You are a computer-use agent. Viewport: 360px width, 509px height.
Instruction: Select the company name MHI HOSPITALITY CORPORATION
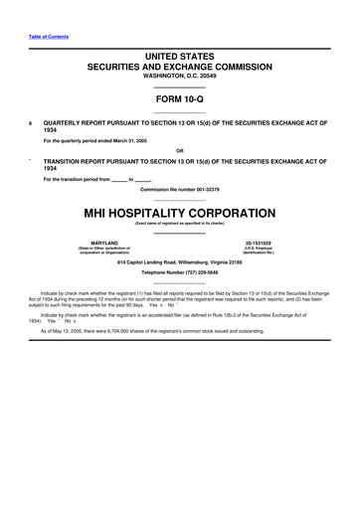coord(179,213)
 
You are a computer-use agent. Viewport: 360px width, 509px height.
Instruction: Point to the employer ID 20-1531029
coord(257,242)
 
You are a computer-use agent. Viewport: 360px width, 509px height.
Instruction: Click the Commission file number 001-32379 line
coord(179,189)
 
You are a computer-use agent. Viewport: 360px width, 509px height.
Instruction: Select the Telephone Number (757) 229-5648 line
coord(179,271)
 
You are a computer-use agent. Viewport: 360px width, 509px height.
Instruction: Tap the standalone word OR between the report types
coord(179,151)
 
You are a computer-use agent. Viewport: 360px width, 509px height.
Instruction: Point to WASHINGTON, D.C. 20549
coord(179,76)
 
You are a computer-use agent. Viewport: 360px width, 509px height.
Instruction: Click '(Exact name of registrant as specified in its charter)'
coord(179,223)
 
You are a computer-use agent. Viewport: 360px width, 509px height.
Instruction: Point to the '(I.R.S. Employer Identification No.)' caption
coord(257,250)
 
